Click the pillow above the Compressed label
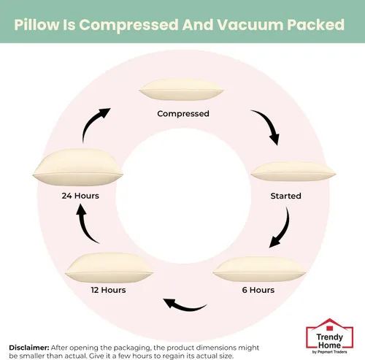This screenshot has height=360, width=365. tap(181, 90)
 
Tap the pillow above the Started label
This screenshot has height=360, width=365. tap(293, 172)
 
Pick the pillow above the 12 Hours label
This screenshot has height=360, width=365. tap(109, 268)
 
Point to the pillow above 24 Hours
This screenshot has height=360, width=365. tap(78, 167)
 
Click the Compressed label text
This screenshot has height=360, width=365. tap(183, 114)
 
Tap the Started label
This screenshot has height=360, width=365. tap(285, 196)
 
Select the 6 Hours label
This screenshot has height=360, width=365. tap(258, 290)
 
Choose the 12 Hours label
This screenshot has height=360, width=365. tap(108, 290)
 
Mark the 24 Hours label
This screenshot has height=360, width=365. tap(80, 196)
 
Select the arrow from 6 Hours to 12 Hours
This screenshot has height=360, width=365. tap(185, 307)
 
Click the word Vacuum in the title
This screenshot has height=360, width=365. tap(250, 25)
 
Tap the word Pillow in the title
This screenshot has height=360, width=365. tap(36, 25)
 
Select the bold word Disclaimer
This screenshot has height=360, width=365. tap(29, 348)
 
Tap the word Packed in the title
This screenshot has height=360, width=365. tap(316, 25)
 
